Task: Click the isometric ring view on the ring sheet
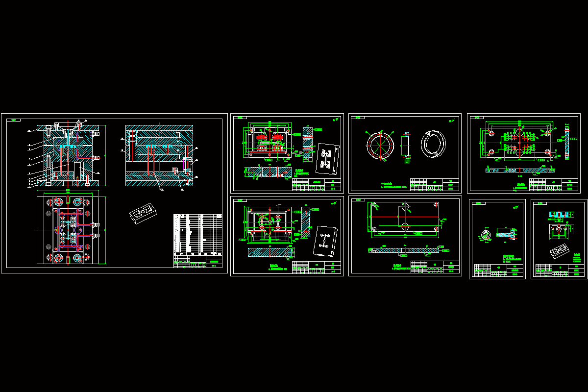433,144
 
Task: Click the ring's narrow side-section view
406,146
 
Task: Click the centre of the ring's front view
380,146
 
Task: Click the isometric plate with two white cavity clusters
327,159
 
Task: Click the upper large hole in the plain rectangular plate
405,208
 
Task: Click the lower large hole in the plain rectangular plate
405,226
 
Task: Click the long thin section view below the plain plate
405,250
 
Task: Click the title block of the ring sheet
435,185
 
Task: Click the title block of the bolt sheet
498,271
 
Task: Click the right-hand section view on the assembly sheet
159,156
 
